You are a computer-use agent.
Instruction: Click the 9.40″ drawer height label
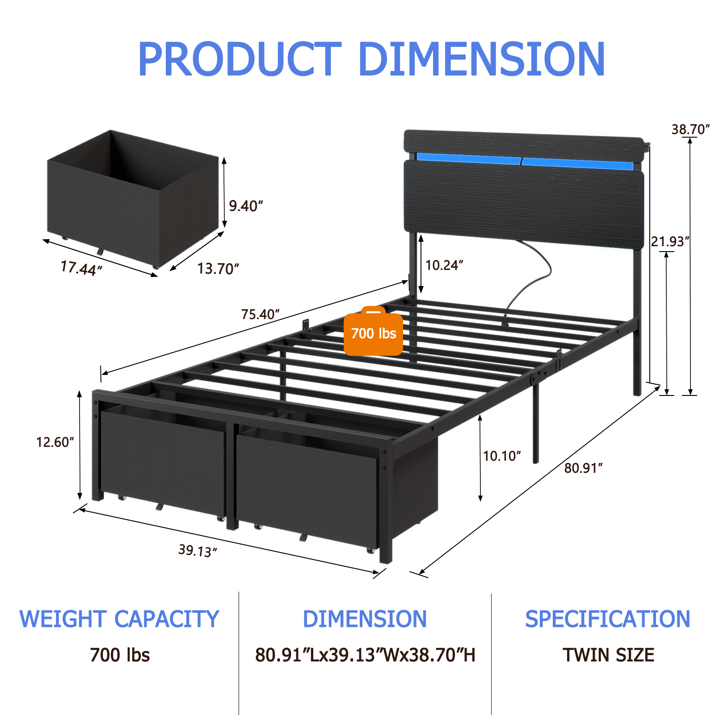point(246,206)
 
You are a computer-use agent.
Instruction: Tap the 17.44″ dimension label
point(81,268)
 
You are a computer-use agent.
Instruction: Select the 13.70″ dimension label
point(218,269)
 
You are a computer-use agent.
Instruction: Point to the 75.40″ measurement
point(261,314)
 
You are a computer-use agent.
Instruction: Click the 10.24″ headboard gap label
point(444,265)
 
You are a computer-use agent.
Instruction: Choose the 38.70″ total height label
point(690,129)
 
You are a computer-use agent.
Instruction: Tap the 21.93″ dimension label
point(670,241)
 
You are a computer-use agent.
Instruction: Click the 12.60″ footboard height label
point(55,442)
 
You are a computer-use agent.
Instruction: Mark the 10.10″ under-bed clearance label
point(502,456)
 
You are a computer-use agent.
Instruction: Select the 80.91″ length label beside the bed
point(583,468)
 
